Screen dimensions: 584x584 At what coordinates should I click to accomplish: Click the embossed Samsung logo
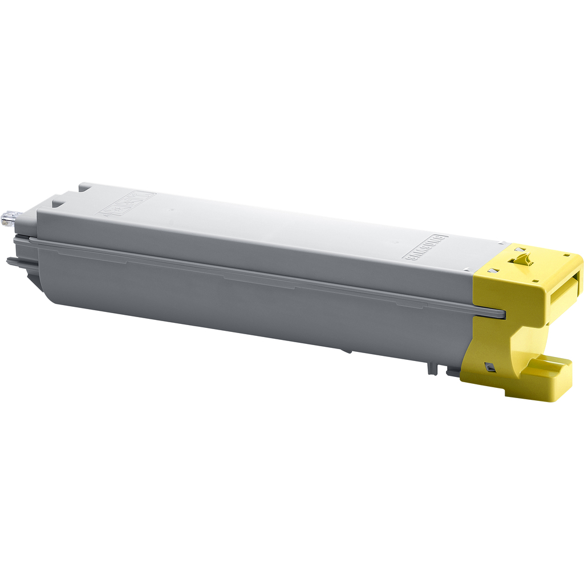(425, 247)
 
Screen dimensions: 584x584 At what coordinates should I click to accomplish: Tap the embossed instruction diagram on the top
(127, 204)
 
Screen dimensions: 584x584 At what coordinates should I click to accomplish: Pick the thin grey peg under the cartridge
(432, 367)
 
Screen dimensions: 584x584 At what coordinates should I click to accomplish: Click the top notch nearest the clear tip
(59, 200)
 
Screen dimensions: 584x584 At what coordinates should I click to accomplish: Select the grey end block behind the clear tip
(26, 225)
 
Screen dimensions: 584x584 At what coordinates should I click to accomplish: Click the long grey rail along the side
(257, 274)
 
